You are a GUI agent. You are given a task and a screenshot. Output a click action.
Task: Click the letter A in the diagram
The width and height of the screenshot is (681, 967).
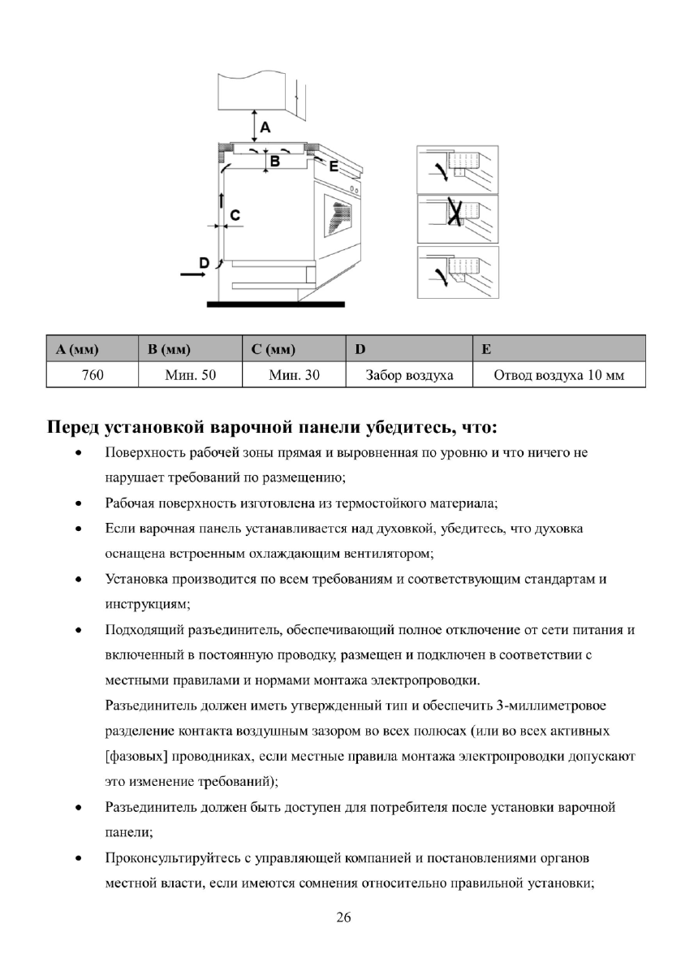(265, 127)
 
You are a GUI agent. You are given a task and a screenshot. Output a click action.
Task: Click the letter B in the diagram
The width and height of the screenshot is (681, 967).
(275, 162)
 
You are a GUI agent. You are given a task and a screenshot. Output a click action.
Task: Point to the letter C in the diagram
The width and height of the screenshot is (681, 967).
(235, 214)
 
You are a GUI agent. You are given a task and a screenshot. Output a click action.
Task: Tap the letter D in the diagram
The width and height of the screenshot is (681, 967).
(205, 261)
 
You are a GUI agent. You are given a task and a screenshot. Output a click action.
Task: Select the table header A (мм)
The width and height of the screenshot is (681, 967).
(78, 350)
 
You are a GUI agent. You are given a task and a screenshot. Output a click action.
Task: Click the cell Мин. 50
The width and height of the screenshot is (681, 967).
(190, 375)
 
